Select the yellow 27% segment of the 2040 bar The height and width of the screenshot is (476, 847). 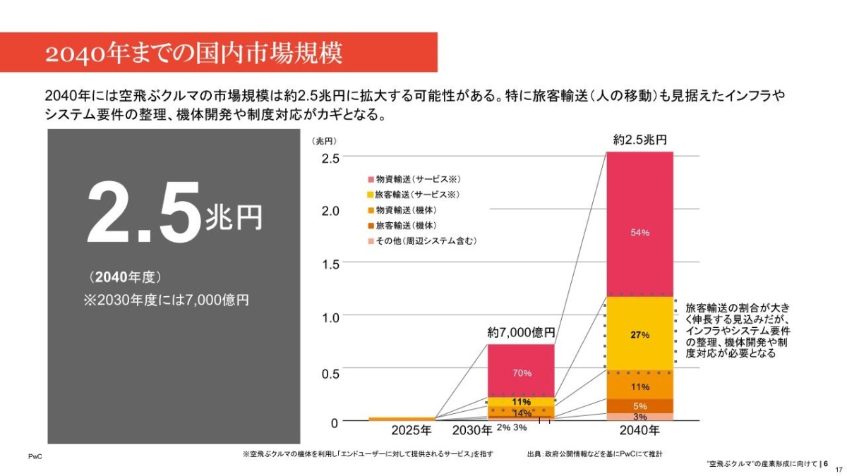639,334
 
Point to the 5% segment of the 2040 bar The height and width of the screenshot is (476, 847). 639,406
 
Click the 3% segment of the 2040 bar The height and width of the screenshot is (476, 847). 639,417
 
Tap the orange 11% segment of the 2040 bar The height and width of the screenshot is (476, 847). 639,386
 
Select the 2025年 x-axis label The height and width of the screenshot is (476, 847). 411,430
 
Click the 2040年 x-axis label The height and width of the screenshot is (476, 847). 639,430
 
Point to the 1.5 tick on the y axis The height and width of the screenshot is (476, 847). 330,264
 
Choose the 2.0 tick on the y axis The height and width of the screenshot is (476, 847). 330,211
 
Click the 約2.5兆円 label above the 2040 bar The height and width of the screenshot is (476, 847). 639,140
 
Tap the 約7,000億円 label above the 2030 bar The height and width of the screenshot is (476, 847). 522,332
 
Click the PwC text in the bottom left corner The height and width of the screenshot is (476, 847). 35,457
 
